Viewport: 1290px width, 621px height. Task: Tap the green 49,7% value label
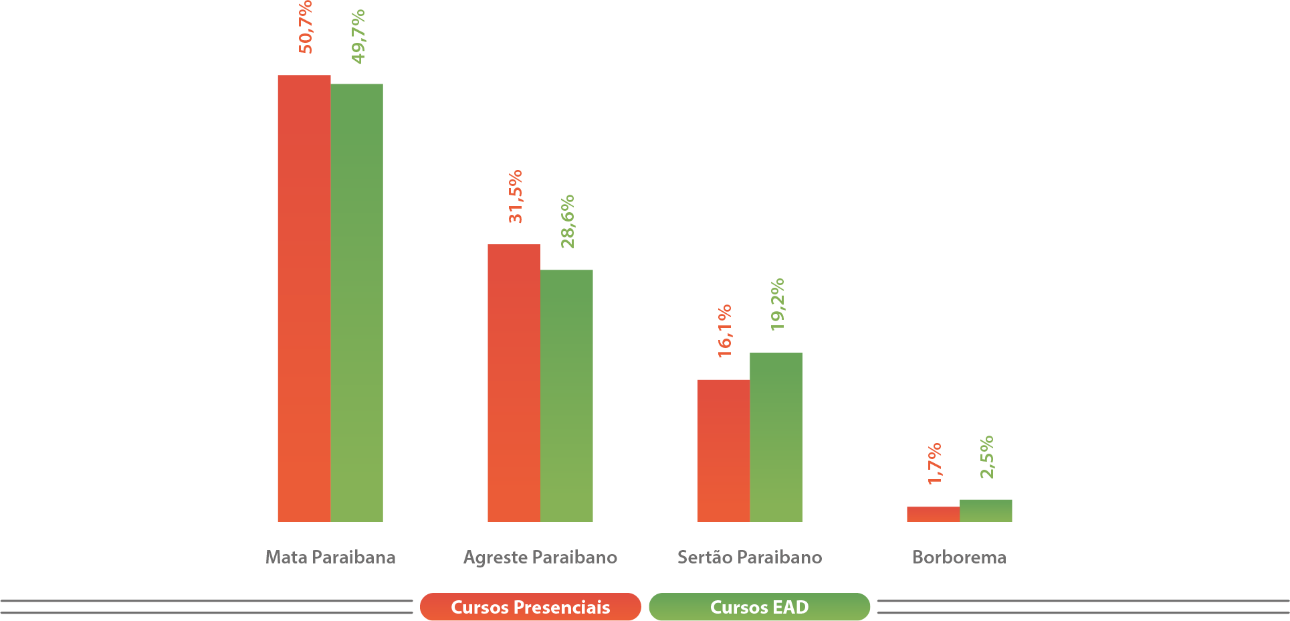[x=358, y=37]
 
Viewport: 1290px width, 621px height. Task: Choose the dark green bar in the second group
[x=566, y=395]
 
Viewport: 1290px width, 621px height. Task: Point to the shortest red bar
[x=933, y=514]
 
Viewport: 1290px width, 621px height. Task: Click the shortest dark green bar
[x=986, y=510]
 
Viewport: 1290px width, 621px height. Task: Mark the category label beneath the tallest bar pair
[x=312, y=557]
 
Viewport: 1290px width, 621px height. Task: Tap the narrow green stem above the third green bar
[x=778, y=332]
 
